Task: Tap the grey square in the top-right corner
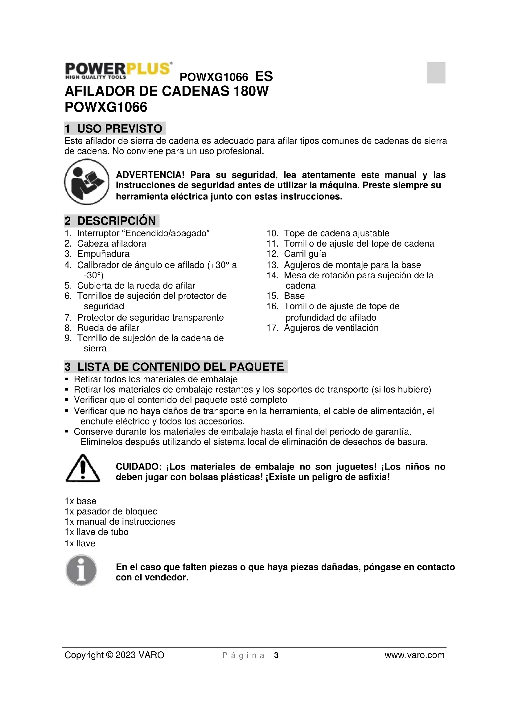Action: pos(436,72)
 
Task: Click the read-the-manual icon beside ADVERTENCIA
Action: pos(87,182)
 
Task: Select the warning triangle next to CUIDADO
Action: pos(83,469)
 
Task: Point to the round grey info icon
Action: pos(81,570)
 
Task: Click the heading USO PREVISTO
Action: pos(119,129)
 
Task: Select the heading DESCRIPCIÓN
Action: pos(116,221)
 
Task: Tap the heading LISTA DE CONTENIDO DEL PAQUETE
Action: pos(180,367)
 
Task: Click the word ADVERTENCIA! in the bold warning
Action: pos(150,174)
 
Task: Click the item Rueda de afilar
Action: pos(108,328)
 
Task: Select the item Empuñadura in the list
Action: pos(103,254)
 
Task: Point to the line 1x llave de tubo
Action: pos(97,532)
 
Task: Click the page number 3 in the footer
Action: pos(276,655)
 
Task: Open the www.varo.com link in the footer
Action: pos(414,655)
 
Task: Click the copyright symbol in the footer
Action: pos(109,655)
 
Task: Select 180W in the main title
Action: pos(251,91)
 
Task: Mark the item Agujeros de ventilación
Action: pos(331,328)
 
